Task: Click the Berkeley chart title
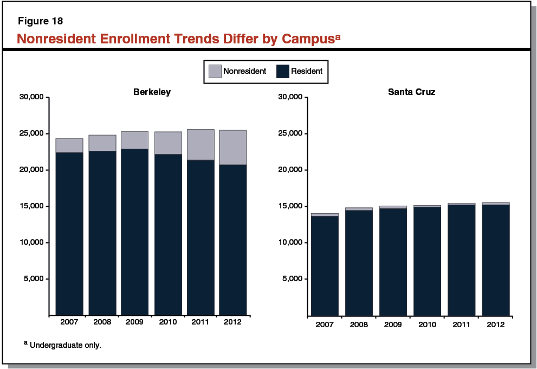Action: click(152, 92)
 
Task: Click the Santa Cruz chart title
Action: click(411, 92)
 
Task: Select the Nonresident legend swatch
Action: click(215, 71)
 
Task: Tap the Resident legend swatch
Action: click(283, 71)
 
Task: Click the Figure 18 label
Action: click(40, 22)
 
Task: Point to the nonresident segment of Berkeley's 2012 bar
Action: click(232, 148)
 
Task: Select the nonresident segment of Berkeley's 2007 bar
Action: click(69, 145)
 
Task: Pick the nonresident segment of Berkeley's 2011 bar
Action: click(200, 145)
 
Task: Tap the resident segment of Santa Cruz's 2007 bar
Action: click(325, 266)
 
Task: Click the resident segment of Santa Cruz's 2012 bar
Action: click(495, 260)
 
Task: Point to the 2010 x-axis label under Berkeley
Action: click(167, 322)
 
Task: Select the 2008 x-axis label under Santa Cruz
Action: click(359, 325)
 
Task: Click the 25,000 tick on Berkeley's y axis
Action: click(31, 133)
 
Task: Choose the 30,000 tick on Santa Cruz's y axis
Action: click(289, 97)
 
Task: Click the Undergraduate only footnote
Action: click(65, 345)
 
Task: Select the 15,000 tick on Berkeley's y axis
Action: click(31, 206)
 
